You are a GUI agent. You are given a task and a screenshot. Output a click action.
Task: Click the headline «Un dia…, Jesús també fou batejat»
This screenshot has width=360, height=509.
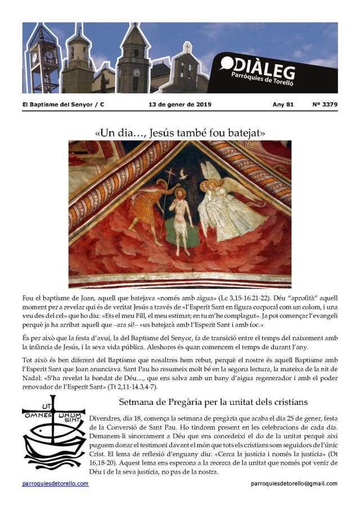coord(180,133)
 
